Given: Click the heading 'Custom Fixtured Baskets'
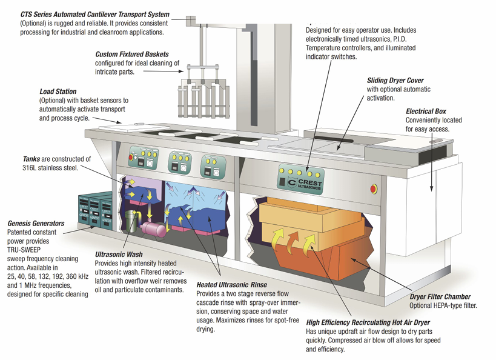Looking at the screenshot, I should point(132,55).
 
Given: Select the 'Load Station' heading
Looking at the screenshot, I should point(58,92).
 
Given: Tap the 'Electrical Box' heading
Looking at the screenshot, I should point(426,112).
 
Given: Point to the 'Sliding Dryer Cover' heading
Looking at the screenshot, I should point(395,80).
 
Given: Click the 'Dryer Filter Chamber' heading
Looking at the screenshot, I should point(439,297).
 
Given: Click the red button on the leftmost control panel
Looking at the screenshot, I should point(131,157).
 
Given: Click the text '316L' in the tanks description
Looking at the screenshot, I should point(13,168).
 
